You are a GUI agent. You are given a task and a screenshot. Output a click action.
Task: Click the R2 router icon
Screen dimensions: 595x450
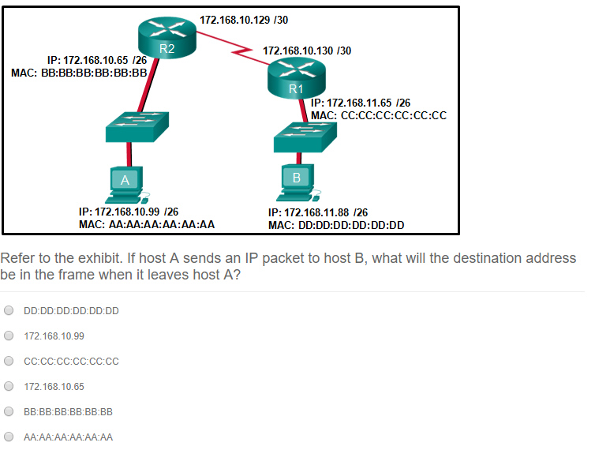[167, 38]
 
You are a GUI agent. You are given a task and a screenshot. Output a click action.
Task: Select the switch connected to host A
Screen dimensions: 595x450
[137, 127]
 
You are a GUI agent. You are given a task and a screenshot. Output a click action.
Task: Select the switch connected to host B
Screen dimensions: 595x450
[305, 137]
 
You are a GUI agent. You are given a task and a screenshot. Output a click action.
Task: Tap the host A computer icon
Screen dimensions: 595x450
[126, 185]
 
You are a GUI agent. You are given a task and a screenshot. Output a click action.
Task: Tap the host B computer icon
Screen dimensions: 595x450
[298, 182]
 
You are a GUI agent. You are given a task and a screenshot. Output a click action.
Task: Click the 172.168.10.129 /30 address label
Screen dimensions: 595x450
[244, 20]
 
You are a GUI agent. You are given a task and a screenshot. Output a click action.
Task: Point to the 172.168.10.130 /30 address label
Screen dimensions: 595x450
[307, 51]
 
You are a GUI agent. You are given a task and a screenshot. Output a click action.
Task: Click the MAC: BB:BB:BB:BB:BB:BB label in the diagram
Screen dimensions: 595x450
[79, 73]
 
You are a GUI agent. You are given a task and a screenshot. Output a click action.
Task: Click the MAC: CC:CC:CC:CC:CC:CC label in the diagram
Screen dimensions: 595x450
[379, 115]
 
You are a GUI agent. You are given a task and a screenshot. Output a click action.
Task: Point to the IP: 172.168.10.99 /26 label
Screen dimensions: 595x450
[129, 212]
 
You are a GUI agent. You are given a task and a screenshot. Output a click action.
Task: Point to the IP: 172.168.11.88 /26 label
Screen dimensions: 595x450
[318, 212]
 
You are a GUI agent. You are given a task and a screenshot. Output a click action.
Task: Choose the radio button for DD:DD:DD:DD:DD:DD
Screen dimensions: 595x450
[9, 310]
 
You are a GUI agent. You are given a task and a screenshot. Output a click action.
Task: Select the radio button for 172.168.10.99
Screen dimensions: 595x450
[9, 336]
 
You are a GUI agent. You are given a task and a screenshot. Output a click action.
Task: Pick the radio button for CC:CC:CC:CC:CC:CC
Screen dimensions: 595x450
[9, 361]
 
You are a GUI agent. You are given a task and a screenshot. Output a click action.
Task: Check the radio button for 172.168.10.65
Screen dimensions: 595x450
[9, 386]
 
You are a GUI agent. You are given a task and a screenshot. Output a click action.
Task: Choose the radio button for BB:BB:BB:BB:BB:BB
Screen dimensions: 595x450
[9, 411]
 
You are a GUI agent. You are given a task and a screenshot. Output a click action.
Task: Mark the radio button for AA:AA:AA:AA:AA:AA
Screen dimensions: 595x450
[9, 437]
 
